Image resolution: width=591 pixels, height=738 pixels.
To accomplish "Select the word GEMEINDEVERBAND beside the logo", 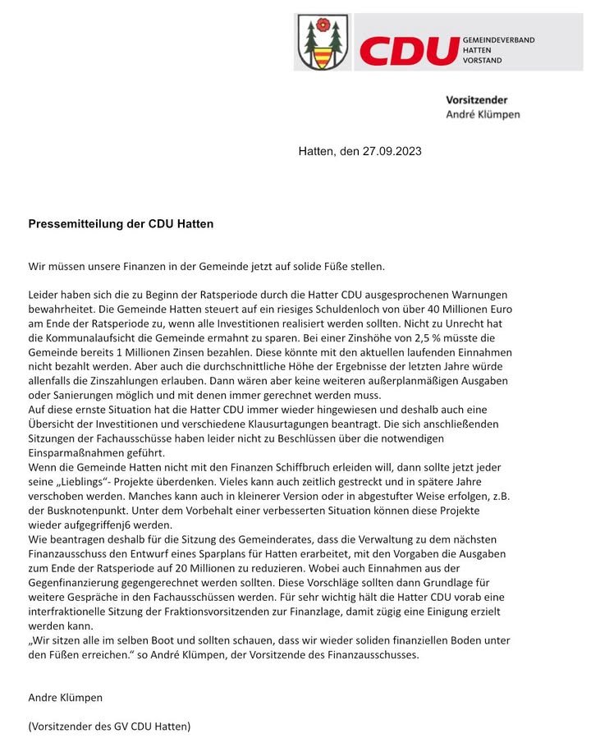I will click(498, 39).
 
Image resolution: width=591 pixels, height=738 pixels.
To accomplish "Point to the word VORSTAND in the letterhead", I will click(483, 61).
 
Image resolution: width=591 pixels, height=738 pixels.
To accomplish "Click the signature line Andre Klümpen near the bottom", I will click(66, 698).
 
